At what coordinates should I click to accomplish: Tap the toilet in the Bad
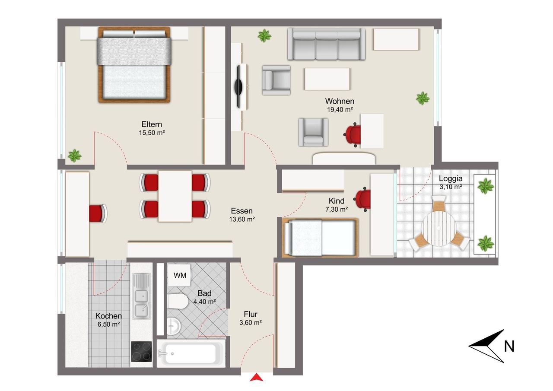pyautogui.click(x=177, y=302)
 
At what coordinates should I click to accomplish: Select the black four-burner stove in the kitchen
pyautogui.click(x=141, y=352)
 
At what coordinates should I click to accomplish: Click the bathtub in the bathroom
pyautogui.click(x=191, y=353)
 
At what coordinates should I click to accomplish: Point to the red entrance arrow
pyautogui.click(x=257, y=378)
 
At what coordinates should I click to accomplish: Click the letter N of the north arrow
pyautogui.click(x=509, y=346)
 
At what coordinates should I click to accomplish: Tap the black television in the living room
pyautogui.click(x=239, y=86)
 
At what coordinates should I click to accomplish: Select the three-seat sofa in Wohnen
pyautogui.click(x=326, y=44)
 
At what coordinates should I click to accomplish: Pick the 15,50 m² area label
pyautogui.click(x=152, y=133)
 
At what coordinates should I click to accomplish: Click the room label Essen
pyautogui.click(x=242, y=211)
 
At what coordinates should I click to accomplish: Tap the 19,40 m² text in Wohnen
pyautogui.click(x=340, y=110)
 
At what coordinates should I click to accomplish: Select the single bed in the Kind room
pyautogui.click(x=320, y=238)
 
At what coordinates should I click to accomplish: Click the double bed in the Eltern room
pyautogui.click(x=134, y=65)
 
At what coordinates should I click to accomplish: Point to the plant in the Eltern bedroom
pyautogui.click(x=75, y=156)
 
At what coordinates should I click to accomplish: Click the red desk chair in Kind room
pyautogui.click(x=362, y=199)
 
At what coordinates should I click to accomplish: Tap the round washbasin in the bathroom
pyautogui.click(x=174, y=326)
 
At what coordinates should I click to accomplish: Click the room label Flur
pyautogui.click(x=251, y=314)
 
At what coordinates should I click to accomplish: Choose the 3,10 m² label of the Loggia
pyautogui.click(x=451, y=187)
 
